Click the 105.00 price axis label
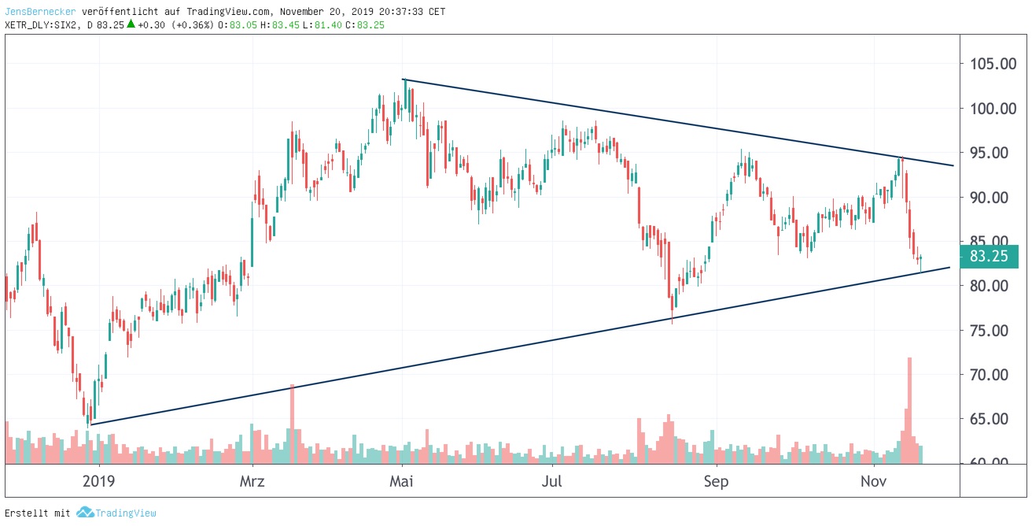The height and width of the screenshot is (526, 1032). (993, 64)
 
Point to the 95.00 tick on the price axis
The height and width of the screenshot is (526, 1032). (993, 153)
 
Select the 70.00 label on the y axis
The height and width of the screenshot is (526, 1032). (993, 375)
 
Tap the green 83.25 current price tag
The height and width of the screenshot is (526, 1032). (990, 257)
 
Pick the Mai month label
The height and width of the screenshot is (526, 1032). (402, 481)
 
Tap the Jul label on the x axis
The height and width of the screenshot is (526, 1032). (554, 481)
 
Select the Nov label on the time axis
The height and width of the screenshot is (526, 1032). (873, 481)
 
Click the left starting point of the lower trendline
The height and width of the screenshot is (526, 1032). (90, 424)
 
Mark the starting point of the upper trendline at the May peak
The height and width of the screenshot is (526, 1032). (403, 80)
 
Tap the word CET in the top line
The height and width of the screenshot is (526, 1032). (437, 12)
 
